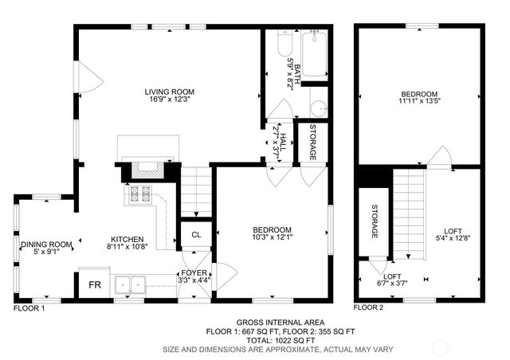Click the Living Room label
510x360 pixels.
(x=169, y=92)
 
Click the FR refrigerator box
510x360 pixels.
(x=94, y=284)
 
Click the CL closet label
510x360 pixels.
(x=195, y=235)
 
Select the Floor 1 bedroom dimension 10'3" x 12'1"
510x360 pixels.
(x=272, y=237)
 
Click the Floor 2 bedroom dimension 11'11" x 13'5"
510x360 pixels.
(x=419, y=101)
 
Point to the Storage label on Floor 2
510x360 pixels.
(x=375, y=224)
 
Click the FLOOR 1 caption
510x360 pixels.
(x=29, y=307)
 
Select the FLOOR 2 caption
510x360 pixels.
(x=368, y=307)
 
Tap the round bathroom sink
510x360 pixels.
(x=318, y=109)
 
